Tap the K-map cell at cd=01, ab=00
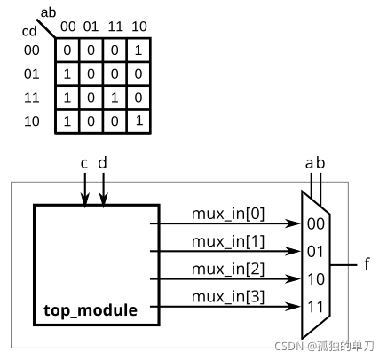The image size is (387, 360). (x=67, y=74)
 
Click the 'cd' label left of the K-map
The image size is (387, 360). (x=29, y=31)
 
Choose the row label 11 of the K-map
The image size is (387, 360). (x=31, y=98)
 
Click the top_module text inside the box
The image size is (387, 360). (x=91, y=310)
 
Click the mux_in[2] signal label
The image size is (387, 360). (x=226, y=268)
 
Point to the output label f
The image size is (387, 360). (x=367, y=265)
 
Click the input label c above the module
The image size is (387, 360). (x=84, y=163)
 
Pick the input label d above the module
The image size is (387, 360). (x=104, y=162)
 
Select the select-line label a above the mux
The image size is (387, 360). (x=309, y=163)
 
